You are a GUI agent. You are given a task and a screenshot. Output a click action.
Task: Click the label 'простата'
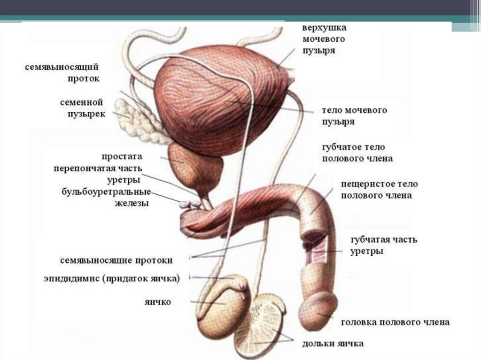click(x=122, y=156)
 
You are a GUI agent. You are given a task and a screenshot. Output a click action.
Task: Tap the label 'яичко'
click(x=158, y=302)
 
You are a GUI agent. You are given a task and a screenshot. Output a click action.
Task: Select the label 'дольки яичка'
click(x=333, y=344)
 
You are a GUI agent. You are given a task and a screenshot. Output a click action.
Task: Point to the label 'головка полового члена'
click(x=396, y=322)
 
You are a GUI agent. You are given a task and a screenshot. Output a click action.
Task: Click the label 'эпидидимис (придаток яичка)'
click(x=112, y=279)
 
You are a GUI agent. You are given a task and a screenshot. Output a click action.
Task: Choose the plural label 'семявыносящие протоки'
click(x=116, y=260)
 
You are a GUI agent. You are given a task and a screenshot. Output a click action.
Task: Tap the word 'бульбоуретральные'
click(x=107, y=192)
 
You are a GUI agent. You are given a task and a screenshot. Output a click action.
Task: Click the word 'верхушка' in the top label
click(x=324, y=28)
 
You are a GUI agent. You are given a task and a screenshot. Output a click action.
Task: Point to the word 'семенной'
click(x=81, y=102)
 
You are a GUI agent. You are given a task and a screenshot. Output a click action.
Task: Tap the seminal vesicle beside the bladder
click(x=138, y=119)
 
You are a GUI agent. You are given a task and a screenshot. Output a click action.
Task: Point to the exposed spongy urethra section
click(x=316, y=252)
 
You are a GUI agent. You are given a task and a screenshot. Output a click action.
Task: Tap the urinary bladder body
click(x=221, y=101)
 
